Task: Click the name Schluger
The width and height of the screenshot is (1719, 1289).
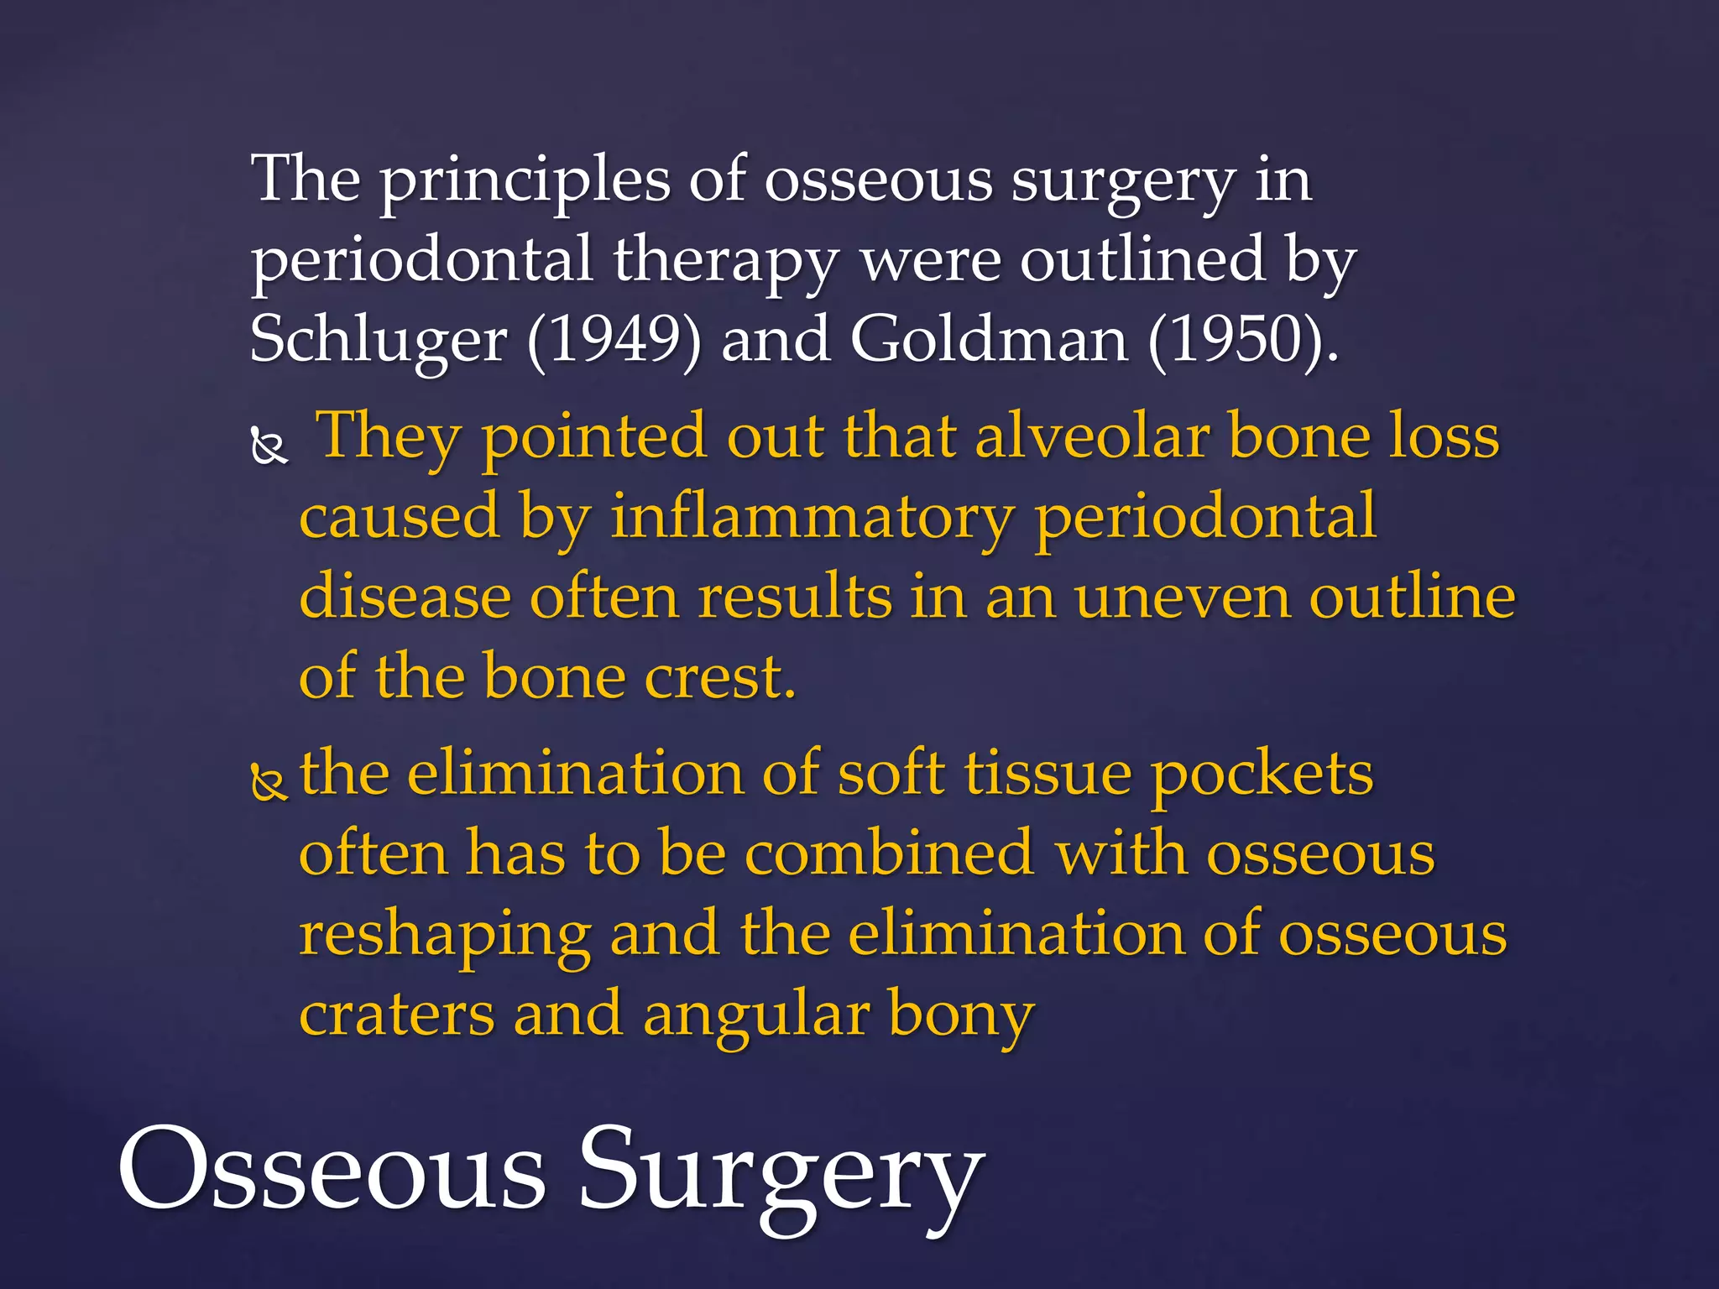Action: point(378,341)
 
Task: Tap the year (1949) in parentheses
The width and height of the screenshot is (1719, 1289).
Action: point(614,341)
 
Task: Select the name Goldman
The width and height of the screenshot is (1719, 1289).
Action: point(988,341)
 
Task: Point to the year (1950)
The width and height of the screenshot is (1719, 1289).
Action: point(1241,341)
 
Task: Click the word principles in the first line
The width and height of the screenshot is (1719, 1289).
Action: point(525,181)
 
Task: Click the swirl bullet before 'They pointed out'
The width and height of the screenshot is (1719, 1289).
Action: point(269,446)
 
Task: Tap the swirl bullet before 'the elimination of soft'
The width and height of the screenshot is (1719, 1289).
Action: point(269,782)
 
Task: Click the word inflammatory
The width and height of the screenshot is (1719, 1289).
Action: point(812,517)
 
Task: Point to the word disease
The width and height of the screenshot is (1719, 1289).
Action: point(405,598)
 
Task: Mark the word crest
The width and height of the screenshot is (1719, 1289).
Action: point(719,676)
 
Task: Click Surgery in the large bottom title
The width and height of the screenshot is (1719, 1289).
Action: point(781,1175)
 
